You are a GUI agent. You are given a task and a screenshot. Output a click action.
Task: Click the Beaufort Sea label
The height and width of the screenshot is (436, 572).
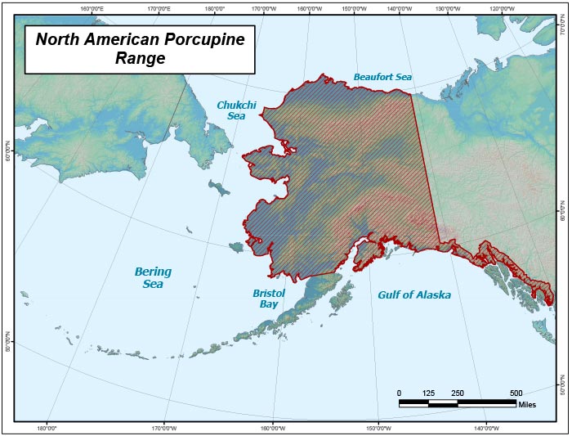pyautogui.click(x=382, y=77)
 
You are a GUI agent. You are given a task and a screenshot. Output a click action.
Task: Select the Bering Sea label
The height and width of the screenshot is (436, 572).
pyautogui.click(x=153, y=278)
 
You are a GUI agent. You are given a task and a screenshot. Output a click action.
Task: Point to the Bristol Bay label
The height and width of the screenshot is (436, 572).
pyautogui.click(x=269, y=298)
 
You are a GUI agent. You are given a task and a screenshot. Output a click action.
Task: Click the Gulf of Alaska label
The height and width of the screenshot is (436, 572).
pyautogui.click(x=414, y=295)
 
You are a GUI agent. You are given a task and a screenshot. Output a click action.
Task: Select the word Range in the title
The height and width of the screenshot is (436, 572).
pyautogui.click(x=140, y=59)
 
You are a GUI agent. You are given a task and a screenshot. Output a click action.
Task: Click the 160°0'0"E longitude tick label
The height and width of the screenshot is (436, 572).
pyautogui.click(x=92, y=9)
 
